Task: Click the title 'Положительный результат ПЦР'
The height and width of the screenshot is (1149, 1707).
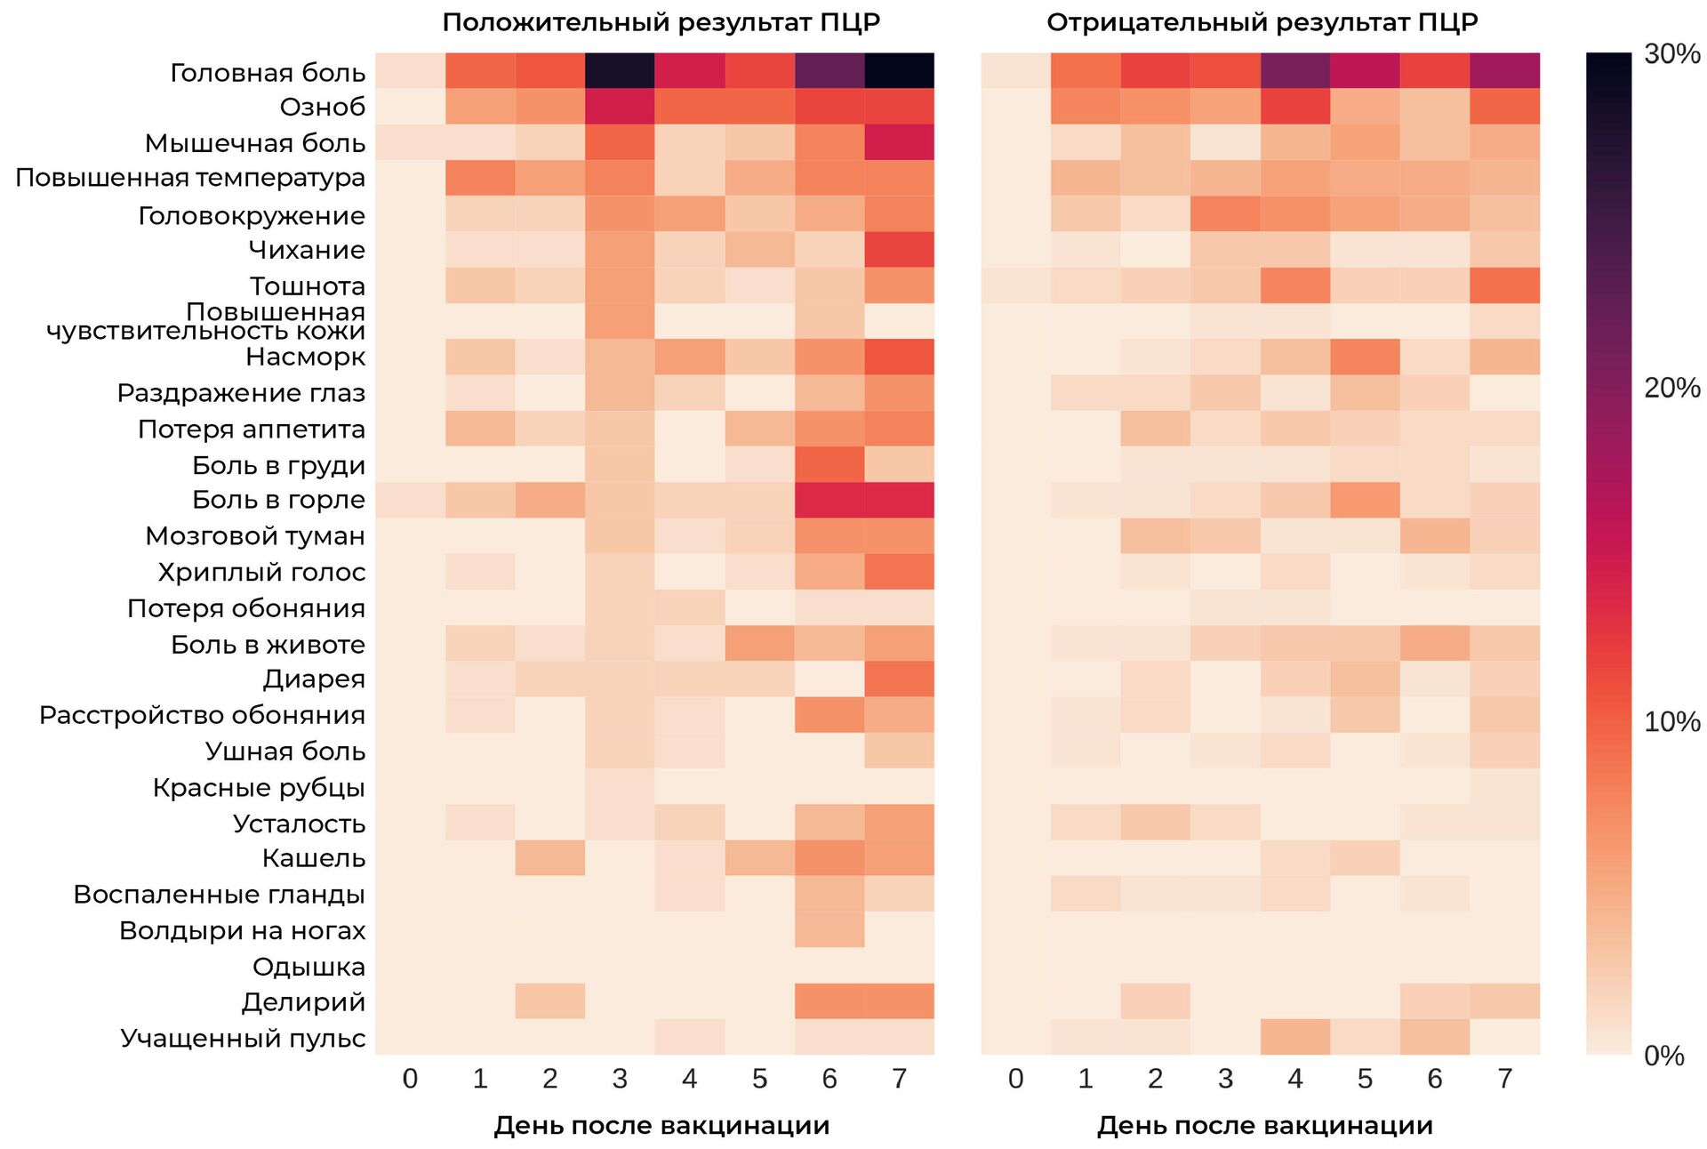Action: coord(661,22)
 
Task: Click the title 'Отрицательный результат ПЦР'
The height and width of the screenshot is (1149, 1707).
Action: coord(1262,22)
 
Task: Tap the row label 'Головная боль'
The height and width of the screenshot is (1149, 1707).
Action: coord(268,72)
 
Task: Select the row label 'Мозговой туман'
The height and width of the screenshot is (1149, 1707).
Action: coord(255,535)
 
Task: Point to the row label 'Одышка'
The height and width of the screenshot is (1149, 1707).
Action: coord(309,966)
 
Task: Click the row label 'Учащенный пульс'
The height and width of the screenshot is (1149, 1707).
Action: coord(243,1038)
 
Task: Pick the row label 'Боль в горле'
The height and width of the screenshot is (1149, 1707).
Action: coord(278,500)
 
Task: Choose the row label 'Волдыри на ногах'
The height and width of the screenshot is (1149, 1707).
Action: coord(242,930)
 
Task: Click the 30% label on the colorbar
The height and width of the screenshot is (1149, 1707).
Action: coord(1671,54)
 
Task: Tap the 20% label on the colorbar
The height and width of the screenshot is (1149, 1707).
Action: coord(1671,388)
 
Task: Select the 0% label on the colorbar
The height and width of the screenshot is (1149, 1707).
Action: coord(1663,1056)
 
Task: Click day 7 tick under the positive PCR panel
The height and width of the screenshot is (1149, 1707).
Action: coord(899,1079)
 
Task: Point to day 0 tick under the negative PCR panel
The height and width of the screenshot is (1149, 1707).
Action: coord(1015,1079)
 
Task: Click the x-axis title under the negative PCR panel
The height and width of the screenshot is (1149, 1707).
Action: coord(1264,1126)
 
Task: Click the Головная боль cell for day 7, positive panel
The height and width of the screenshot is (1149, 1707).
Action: coord(899,71)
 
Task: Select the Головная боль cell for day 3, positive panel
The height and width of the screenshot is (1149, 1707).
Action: coord(620,71)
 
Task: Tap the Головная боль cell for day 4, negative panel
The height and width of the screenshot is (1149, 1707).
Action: coord(1295,71)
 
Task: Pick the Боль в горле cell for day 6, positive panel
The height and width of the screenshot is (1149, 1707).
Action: coord(829,500)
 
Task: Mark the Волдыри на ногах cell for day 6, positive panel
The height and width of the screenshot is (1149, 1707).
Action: coord(829,929)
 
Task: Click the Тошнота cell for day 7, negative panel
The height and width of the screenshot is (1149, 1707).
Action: coord(1504,285)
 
